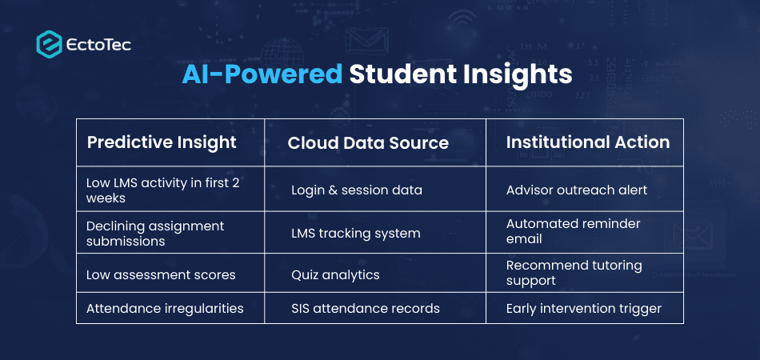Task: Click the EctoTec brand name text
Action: [x=99, y=44]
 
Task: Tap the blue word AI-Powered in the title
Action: [x=262, y=74]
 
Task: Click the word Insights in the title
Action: [x=518, y=74]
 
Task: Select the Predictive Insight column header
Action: [x=162, y=142]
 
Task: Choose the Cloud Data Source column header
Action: [x=368, y=143]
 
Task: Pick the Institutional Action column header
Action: [x=588, y=142]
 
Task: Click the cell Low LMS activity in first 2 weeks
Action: [x=162, y=190]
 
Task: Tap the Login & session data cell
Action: [x=357, y=190]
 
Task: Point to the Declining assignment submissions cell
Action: [x=155, y=234]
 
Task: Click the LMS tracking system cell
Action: [x=355, y=234]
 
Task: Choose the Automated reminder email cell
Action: [x=574, y=231]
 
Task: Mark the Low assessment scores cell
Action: [x=161, y=275]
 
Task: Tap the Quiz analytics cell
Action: [x=335, y=275]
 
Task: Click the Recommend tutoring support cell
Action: [x=574, y=273]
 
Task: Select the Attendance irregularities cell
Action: [x=165, y=308]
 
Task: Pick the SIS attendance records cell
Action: [x=366, y=308]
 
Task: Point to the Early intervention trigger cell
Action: [x=584, y=308]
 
